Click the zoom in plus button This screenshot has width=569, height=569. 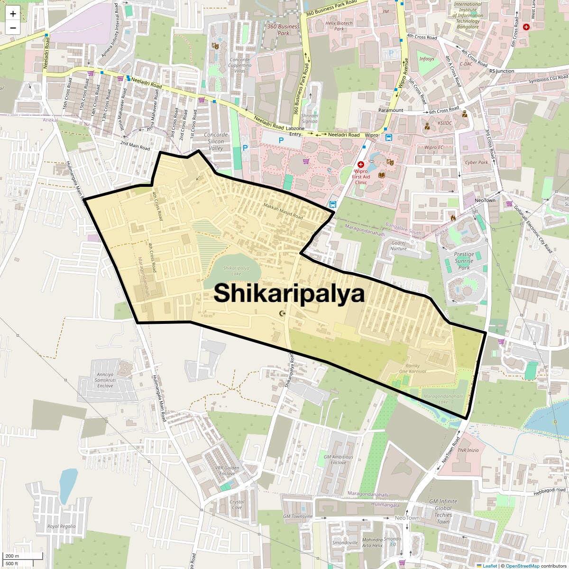(x=13, y=14)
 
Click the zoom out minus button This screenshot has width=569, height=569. (x=13, y=28)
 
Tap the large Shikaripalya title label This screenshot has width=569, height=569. (x=289, y=294)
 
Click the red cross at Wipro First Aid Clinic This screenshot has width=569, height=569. (x=360, y=164)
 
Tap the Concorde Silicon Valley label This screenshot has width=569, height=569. (x=216, y=141)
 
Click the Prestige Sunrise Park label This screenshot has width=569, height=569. (x=464, y=261)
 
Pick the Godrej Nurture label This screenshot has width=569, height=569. (x=399, y=246)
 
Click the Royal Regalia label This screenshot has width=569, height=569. (x=61, y=526)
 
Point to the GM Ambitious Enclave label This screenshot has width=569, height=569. (x=338, y=459)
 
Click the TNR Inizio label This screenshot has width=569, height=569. (x=468, y=450)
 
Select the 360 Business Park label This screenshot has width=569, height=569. (x=283, y=30)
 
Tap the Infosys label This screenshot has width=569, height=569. (x=426, y=59)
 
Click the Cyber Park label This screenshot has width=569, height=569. (x=477, y=162)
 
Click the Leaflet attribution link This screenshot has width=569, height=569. (x=490, y=566)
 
